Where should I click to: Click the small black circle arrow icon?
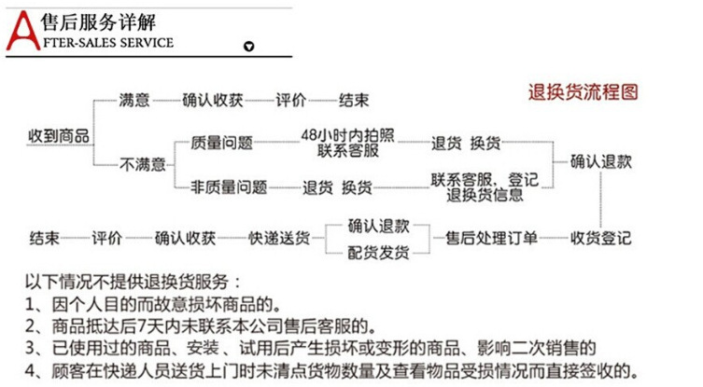click(247, 46)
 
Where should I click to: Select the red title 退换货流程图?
click(583, 91)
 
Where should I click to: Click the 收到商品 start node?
click(59, 136)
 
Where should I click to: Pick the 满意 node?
click(134, 99)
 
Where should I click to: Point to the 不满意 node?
click(142, 165)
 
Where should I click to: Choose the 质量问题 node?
click(221, 143)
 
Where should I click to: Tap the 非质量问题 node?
click(229, 187)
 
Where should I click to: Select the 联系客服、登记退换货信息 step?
click(484, 187)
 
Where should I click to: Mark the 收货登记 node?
click(601, 237)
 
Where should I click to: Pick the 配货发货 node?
click(378, 253)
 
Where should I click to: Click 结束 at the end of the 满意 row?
click(353, 99)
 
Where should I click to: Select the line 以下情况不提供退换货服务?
click(134, 281)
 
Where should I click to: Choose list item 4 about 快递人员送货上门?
click(330, 369)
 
